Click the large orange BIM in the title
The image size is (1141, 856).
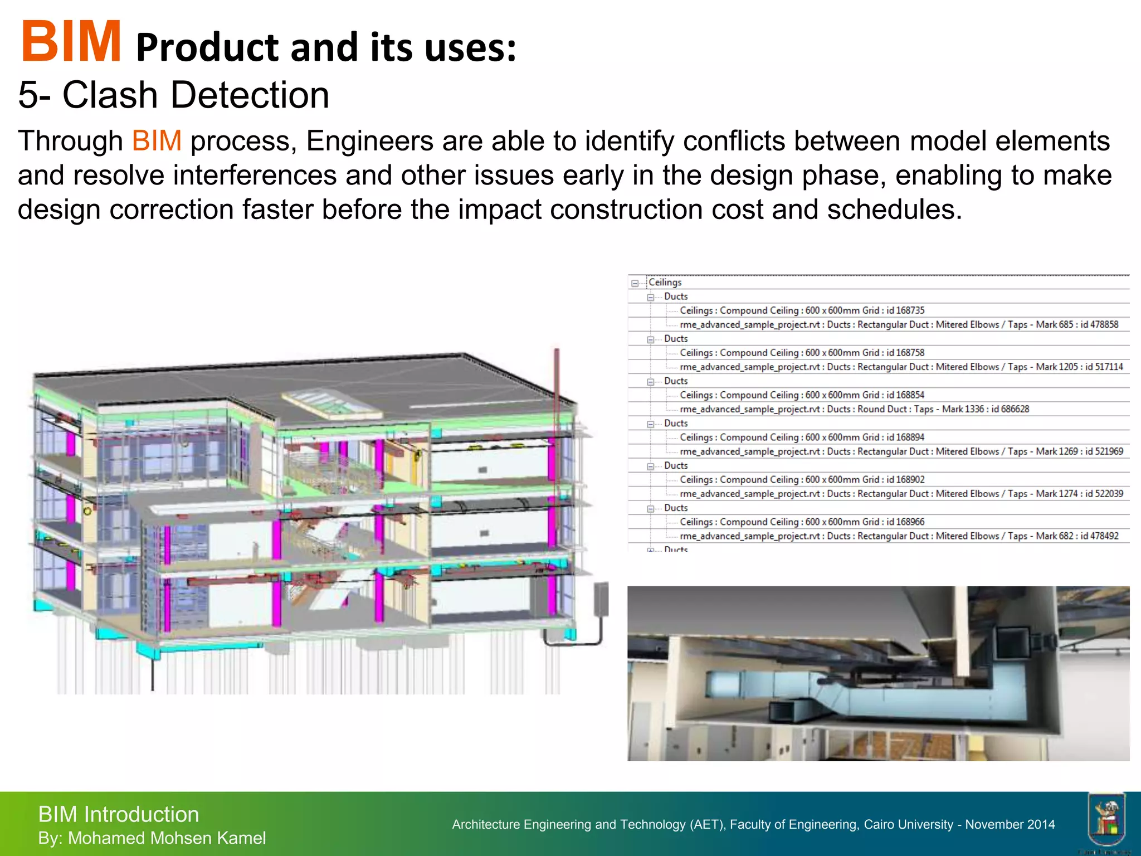point(71,42)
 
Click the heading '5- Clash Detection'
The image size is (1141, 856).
point(173,95)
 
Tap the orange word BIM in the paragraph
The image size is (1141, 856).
point(157,141)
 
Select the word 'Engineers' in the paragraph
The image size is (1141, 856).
point(369,141)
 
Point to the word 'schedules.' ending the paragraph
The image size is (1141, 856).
point(894,210)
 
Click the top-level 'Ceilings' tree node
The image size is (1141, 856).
point(665,283)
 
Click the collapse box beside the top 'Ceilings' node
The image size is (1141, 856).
point(635,283)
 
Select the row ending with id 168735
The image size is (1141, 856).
point(802,310)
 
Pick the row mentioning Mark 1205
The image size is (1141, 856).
point(901,367)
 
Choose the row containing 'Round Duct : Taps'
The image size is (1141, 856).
point(854,409)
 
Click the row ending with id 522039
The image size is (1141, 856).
point(901,494)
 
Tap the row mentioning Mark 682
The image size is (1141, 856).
point(899,536)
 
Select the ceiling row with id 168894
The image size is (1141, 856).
point(802,437)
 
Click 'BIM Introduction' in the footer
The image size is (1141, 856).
point(118,814)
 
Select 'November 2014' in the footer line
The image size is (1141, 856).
point(1010,824)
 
